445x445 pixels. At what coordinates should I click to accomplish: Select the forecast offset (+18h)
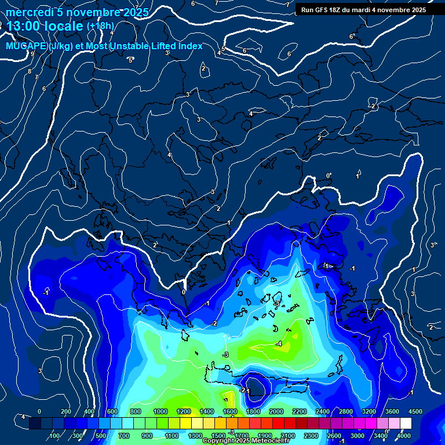coord(100,25)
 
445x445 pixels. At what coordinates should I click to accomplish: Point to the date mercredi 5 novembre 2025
coord(77,12)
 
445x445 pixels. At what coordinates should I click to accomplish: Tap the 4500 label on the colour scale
coord(415,411)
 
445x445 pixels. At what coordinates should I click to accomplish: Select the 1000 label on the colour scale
coord(160,411)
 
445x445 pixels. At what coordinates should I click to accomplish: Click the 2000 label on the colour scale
coord(276,411)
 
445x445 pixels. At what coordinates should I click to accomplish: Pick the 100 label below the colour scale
coord(55,436)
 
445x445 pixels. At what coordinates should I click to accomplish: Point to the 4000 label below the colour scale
coord(403,436)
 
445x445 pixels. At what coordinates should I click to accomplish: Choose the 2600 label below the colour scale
coord(334,436)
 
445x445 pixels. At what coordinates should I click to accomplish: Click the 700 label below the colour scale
coord(125,436)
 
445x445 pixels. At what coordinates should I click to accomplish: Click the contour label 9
coord(32,53)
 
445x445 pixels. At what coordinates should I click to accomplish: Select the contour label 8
coord(30,71)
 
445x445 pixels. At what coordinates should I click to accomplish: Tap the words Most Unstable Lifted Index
coord(144,46)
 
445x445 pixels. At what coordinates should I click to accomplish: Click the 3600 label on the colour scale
coord(392,411)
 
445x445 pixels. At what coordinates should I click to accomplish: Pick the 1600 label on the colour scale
coord(229,411)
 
